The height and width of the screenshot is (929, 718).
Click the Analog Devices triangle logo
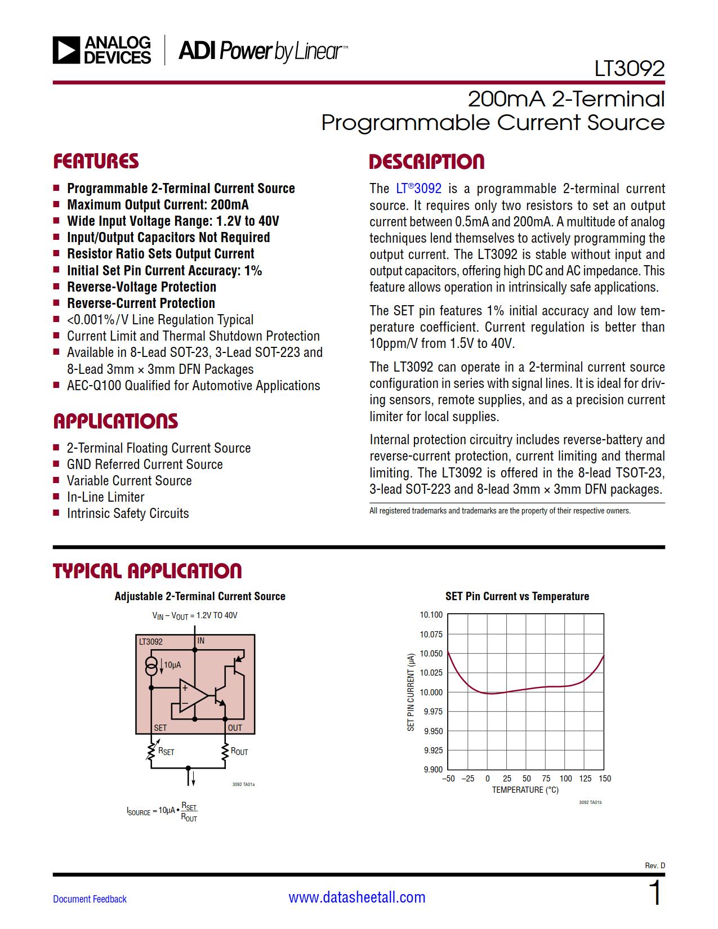(66, 50)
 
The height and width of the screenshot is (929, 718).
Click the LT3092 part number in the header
(629, 69)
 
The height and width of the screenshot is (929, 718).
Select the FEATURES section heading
(96, 162)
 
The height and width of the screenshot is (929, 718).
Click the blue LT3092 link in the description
(418, 189)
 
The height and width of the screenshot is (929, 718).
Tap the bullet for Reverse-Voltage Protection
(56, 287)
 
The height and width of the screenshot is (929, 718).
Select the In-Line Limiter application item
(105, 497)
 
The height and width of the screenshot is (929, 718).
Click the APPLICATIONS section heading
(115, 421)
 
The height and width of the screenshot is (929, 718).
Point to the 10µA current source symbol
(151, 666)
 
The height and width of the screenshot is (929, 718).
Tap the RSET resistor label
(166, 751)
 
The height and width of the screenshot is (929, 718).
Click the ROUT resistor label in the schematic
(239, 751)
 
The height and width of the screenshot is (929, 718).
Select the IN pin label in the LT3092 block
(201, 641)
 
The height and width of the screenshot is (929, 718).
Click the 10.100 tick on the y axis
(431, 615)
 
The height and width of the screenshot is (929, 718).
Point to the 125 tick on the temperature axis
(585, 779)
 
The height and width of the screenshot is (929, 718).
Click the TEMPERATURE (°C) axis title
(525, 790)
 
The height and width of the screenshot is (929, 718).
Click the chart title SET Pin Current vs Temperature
(517, 596)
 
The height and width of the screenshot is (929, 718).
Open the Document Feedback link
(90, 899)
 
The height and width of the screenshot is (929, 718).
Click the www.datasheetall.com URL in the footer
(357, 897)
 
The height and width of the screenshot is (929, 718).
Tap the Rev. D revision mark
(654, 865)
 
